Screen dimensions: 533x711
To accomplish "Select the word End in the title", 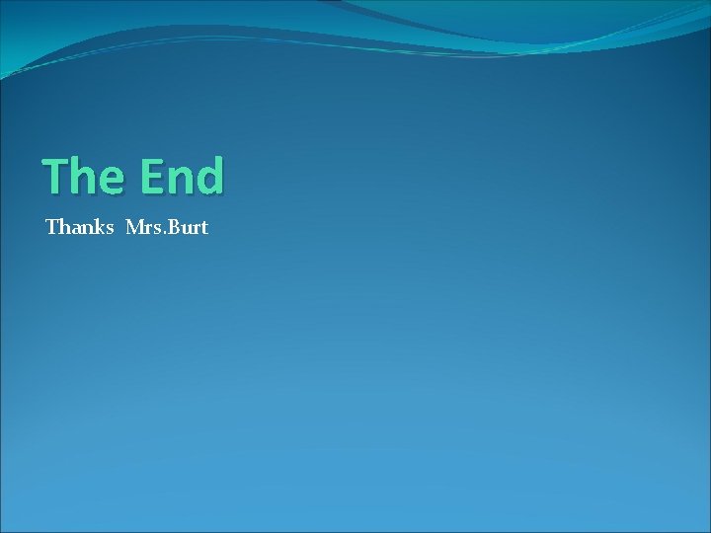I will tap(183, 177).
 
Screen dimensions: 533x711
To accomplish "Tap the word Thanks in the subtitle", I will tap(80, 228).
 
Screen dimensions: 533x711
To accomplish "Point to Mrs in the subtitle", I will tap(142, 228).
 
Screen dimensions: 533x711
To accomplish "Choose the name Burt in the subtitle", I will tap(187, 228).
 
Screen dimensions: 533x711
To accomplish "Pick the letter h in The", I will tap(86, 177).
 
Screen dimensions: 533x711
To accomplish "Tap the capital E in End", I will tap(151, 177).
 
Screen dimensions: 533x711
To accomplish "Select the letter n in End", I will tap(180, 180).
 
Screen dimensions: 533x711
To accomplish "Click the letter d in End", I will tap(209, 177).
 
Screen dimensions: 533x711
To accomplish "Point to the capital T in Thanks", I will tap(51, 228).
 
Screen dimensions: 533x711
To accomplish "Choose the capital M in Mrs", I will tap(135, 228).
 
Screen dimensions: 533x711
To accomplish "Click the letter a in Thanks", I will tap(75, 230).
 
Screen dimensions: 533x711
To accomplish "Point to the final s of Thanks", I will tap(110, 230).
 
